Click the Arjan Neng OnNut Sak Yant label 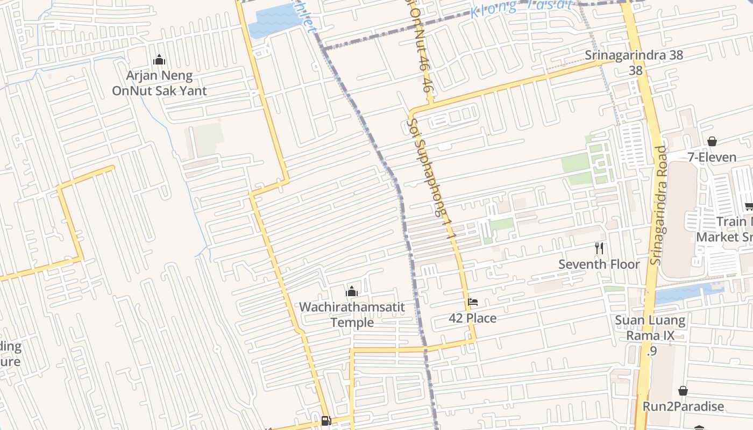[159, 83]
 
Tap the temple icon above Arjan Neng [159, 59]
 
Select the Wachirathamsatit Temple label [352, 314]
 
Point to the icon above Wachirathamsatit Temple [352, 291]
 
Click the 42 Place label [473, 318]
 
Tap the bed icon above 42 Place [473, 302]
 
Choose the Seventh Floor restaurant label [599, 264]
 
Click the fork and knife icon [599, 248]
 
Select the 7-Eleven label [712, 157]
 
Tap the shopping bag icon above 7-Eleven [712, 141]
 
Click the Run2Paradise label [683, 406]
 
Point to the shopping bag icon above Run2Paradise [683, 391]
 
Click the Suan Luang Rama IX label [650, 328]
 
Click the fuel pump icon [326, 420]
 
